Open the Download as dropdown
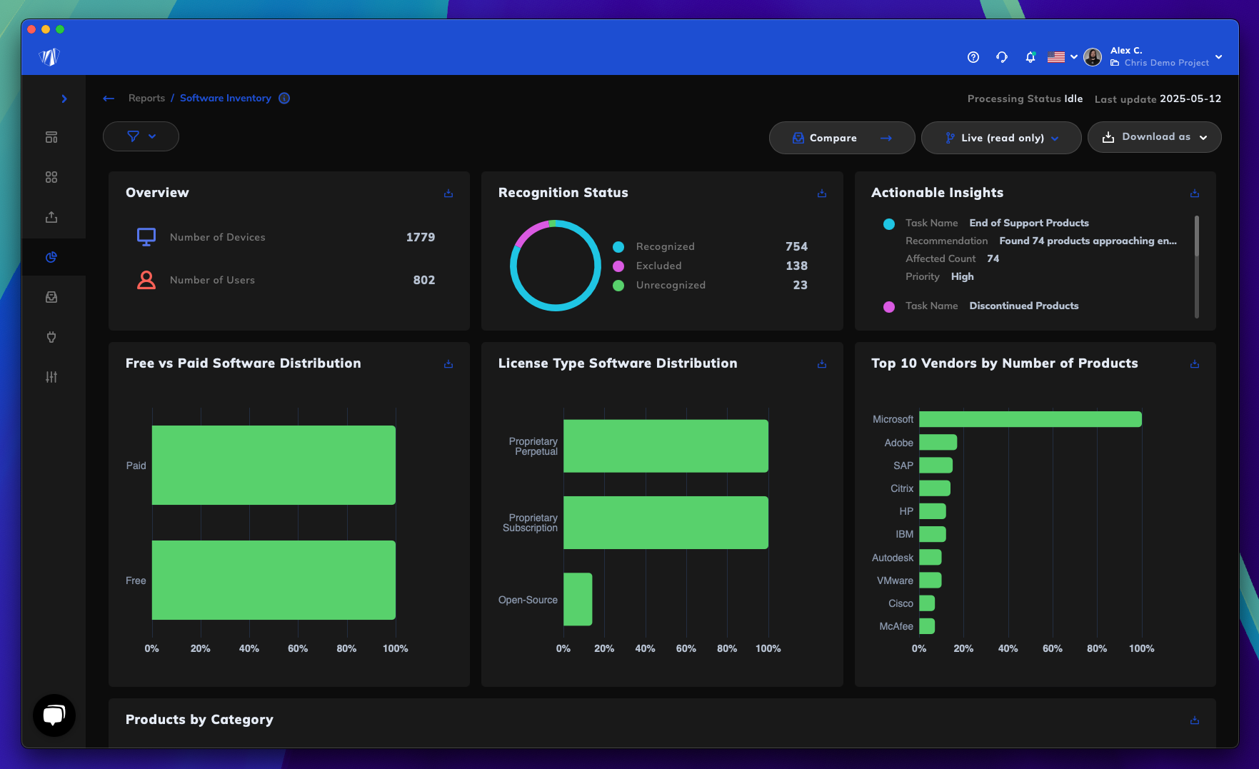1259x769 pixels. [1154, 137]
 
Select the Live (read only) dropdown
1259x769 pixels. [1001, 138]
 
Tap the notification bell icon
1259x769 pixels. [1030, 57]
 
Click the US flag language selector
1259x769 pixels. [1061, 57]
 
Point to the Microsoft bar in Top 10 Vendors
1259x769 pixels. [1030, 419]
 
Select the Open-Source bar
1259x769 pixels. [578, 599]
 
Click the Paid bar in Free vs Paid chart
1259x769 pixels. [274, 465]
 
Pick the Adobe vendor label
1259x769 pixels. [898, 443]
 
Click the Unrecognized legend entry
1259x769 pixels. [671, 285]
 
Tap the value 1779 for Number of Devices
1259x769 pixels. [420, 237]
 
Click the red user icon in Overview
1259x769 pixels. [146, 280]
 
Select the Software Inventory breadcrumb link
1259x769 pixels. [226, 99]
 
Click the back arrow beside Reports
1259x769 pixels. [109, 99]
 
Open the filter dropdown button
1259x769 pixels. [141, 136]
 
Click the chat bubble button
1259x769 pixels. [54, 715]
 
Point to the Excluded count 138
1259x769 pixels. [796, 266]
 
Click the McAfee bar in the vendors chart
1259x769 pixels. [927, 626]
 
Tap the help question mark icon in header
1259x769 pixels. [973, 57]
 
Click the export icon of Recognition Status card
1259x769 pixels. [822, 193]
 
